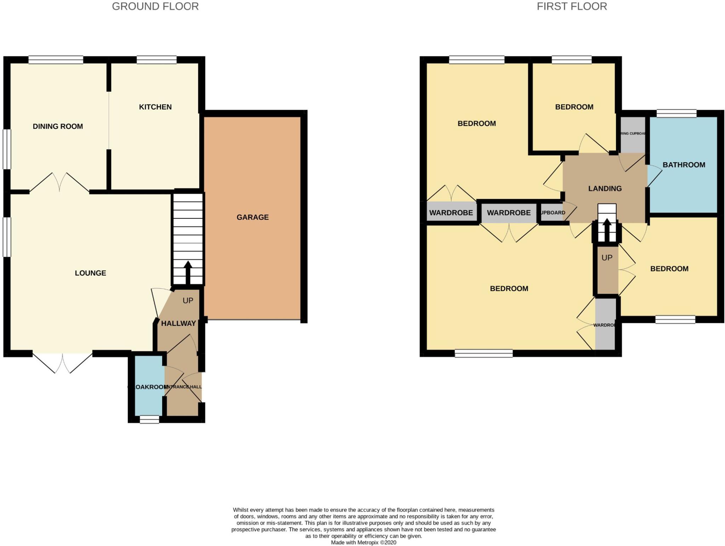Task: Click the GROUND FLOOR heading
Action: click(155, 6)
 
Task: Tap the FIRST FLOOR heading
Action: click(571, 6)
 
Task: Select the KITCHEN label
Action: click(155, 107)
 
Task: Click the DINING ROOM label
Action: click(58, 126)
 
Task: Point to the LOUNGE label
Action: click(90, 273)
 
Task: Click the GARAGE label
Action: click(252, 217)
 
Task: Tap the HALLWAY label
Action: click(178, 323)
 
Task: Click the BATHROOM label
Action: click(684, 165)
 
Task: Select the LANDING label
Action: click(605, 188)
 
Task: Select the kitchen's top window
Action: click(156, 59)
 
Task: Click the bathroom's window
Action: click(676, 114)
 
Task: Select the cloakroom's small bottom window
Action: click(149, 420)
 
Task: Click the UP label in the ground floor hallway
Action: click(188, 301)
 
